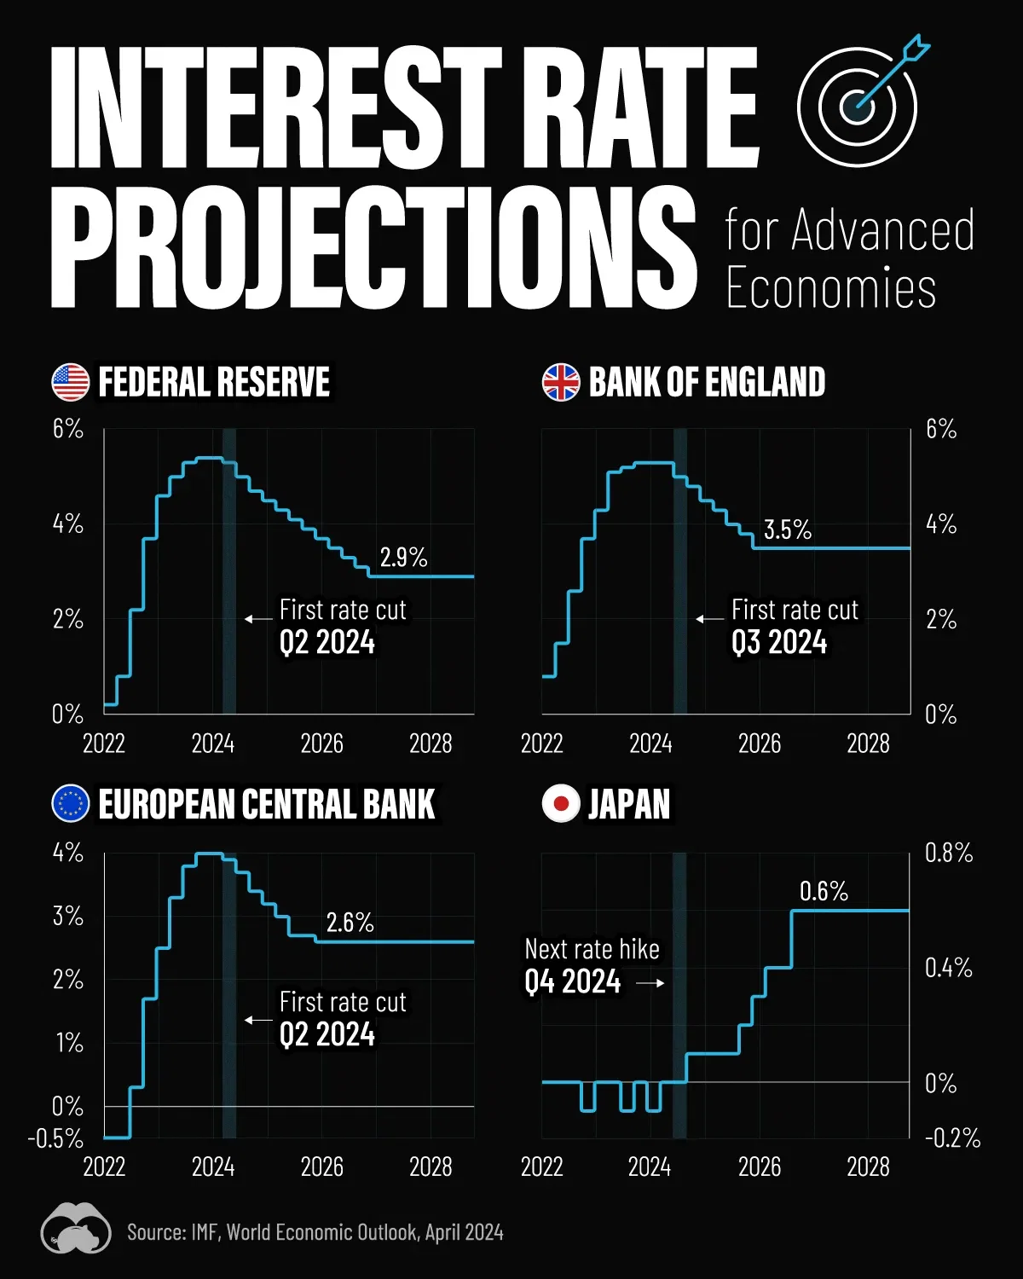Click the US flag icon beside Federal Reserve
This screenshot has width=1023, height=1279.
tap(71, 382)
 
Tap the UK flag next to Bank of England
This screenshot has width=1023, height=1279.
tap(561, 382)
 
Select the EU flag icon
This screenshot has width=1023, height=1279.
tap(71, 803)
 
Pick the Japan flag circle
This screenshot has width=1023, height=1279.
tap(561, 803)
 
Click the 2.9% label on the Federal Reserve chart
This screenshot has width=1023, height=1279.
tap(403, 557)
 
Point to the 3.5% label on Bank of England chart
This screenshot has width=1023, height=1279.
tap(787, 530)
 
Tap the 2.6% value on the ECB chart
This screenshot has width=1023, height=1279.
tap(350, 922)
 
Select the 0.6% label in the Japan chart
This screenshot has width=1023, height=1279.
tap(824, 891)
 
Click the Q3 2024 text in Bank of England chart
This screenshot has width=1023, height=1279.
tap(779, 642)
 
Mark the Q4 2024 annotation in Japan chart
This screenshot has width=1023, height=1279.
tap(573, 982)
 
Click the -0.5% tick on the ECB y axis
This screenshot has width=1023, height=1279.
tap(56, 1138)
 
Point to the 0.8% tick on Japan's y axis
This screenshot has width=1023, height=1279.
tap(948, 853)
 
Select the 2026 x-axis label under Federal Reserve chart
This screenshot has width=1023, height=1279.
tap(321, 744)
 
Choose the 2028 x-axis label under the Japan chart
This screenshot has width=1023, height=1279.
tap(868, 1166)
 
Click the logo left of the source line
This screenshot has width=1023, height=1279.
tap(76, 1229)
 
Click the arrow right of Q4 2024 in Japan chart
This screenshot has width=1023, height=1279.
tap(650, 983)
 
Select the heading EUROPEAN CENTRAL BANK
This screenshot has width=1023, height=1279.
tap(267, 804)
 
